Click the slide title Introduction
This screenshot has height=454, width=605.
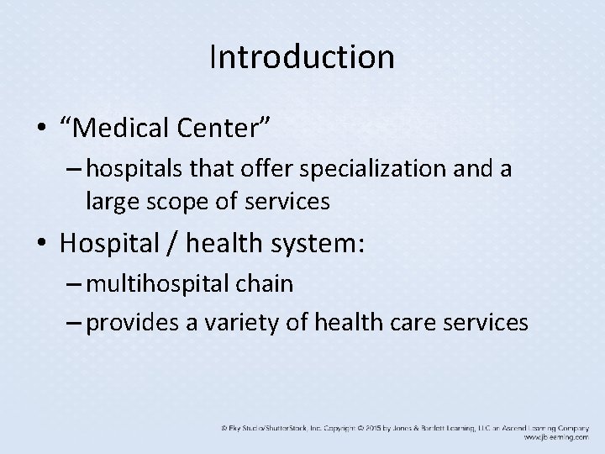(x=302, y=57)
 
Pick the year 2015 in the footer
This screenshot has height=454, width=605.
(x=375, y=428)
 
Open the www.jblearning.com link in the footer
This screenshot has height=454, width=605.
(x=558, y=437)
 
